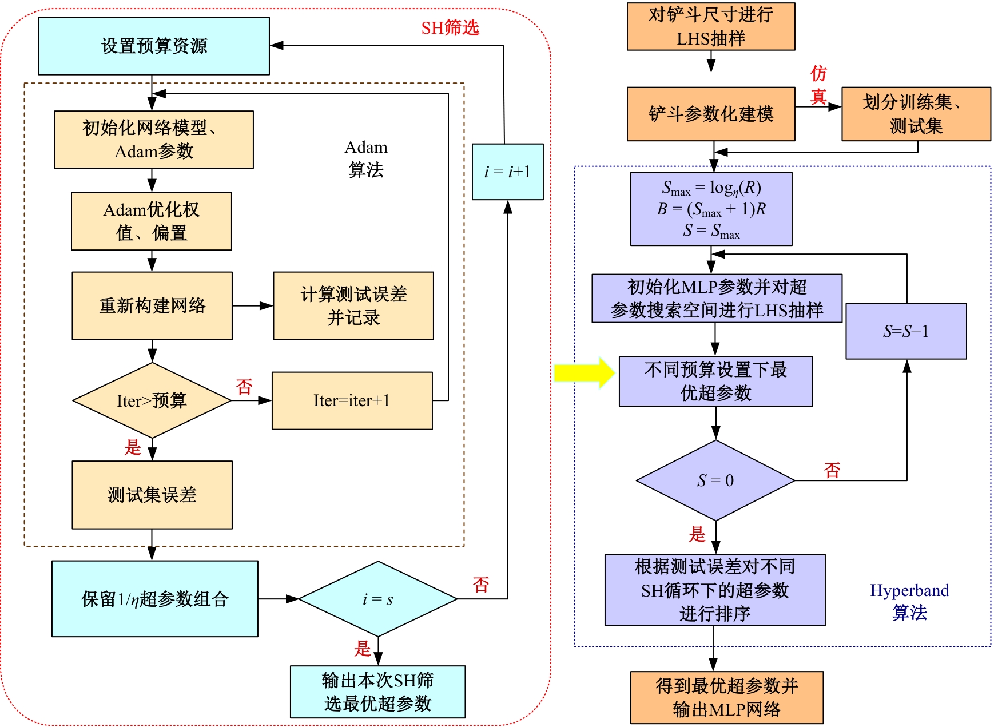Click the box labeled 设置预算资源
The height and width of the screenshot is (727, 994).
tap(154, 46)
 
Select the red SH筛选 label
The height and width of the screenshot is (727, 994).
tap(450, 27)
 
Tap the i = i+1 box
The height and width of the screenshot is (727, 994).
tap(507, 172)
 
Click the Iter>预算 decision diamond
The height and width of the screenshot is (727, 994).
tap(152, 400)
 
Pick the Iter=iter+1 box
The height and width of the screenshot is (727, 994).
tap(352, 400)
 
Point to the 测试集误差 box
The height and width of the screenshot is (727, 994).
tap(152, 495)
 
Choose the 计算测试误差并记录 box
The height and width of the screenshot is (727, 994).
tap(353, 306)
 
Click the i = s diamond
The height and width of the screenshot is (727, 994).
tap(377, 599)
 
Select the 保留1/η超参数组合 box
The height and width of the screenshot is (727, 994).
tap(154, 599)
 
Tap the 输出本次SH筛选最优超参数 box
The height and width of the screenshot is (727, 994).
tap(377, 692)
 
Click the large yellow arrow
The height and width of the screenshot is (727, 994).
tap(584, 373)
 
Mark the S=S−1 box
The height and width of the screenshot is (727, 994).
tap(906, 331)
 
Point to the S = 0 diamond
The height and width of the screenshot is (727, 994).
tap(715, 480)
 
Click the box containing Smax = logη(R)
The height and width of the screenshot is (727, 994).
tap(711, 209)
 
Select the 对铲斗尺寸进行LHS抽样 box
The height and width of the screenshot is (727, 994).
tap(711, 27)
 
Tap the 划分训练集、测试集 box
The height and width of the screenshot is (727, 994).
tap(916, 114)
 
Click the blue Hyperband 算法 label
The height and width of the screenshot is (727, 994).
tap(909, 601)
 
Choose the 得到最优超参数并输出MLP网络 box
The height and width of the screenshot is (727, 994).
tap(726, 697)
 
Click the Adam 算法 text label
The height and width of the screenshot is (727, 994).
tap(366, 158)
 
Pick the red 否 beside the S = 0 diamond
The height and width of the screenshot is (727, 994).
tap(832, 470)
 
